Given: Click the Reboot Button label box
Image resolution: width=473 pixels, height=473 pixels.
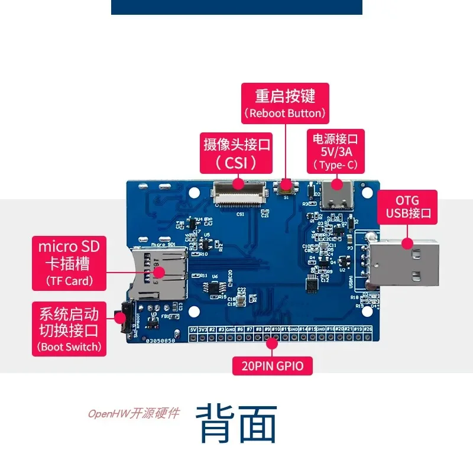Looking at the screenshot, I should coord(284,103).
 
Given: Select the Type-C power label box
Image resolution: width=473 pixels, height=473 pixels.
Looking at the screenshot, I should coord(335,151).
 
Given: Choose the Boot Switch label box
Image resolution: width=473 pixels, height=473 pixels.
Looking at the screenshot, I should coord(69,329).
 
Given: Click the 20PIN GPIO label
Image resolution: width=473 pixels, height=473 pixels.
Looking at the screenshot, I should coord(272,366).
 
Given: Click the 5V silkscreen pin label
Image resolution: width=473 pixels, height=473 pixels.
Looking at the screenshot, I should coord(193,329).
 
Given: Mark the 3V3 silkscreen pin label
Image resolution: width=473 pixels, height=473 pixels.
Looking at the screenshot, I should coord(202,329).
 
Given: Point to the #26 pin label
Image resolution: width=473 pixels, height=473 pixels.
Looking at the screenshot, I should coord(368,329).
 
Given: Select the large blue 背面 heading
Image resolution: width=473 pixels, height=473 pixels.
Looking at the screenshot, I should coord(237,423).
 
